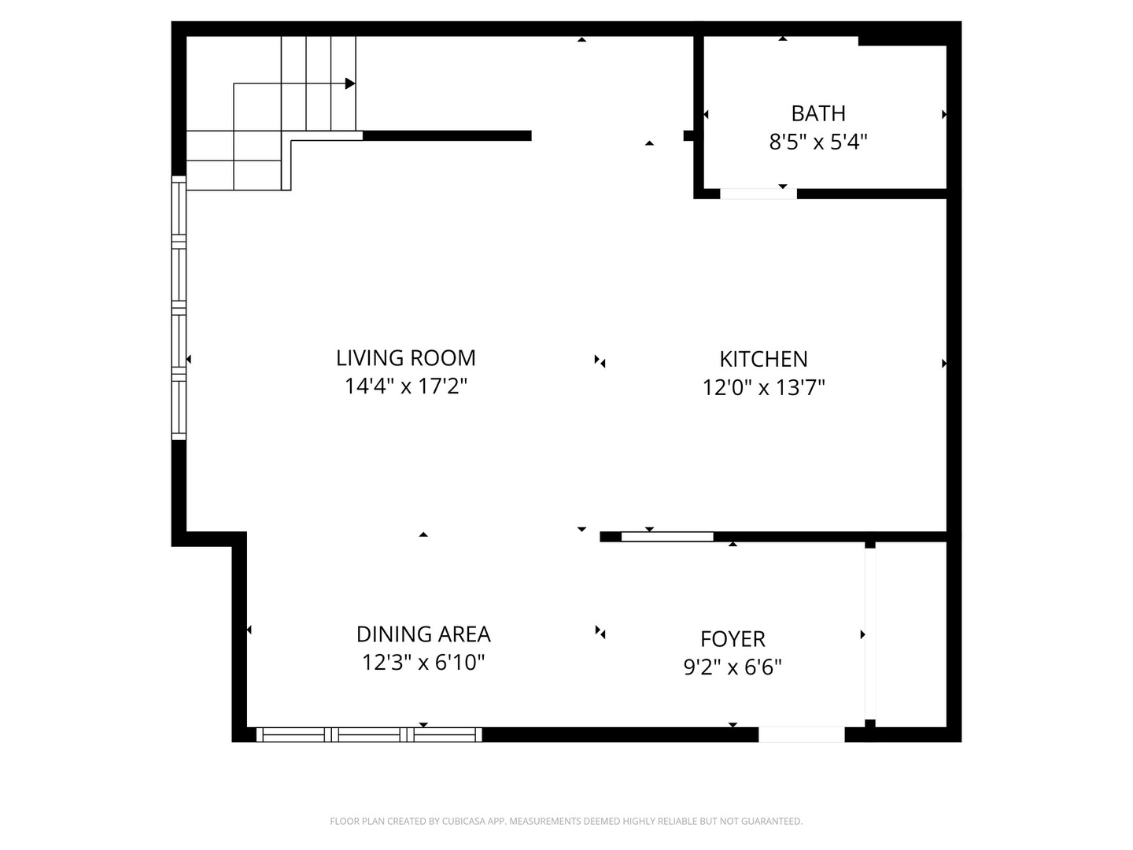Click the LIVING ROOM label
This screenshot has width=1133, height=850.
click(405, 358)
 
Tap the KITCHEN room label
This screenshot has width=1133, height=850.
click(763, 359)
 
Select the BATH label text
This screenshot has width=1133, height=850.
click(818, 113)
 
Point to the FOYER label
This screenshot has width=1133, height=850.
click(733, 638)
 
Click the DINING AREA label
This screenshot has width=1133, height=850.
click(423, 634)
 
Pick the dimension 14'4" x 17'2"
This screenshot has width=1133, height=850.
click(405, 386)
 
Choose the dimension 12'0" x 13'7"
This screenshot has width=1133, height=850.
click(763, 387)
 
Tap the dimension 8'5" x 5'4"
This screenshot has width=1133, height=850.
click(818, 142)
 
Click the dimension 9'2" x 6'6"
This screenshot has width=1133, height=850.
click(733, 667)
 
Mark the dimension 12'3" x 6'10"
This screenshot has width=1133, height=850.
click(423, 663)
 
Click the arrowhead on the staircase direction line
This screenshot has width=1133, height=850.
click(350, 83)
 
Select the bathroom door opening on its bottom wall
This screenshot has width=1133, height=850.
click(758, 194)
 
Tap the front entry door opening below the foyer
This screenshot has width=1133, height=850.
click(801, 734)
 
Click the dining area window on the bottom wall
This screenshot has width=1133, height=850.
click(369, 734)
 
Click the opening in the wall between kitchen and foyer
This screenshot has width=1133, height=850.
click(667, 537)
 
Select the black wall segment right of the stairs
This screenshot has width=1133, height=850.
click(447, 135)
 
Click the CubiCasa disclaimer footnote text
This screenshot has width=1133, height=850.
click(566, 822)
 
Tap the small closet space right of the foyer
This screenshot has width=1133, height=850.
click(910, 634)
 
